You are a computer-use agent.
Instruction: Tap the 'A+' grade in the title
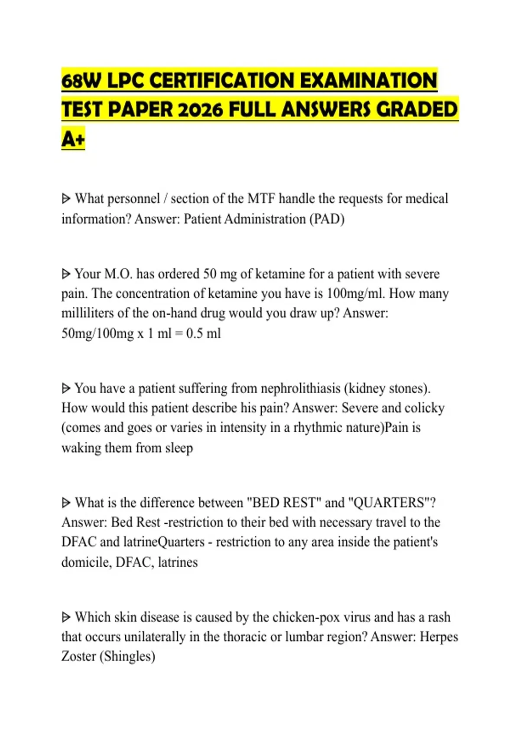tap(73, 139)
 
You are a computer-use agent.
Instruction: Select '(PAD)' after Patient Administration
tap(327, 219)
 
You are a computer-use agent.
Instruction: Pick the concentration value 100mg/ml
tap(355, 293)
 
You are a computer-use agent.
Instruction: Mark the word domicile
tap(86, 562)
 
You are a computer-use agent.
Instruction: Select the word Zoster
tap(78, 656)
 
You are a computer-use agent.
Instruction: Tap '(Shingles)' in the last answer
tap(127, 656)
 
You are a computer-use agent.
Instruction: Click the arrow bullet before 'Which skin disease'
tap(66, 617)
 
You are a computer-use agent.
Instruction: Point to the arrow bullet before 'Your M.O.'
tap(66, 274)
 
